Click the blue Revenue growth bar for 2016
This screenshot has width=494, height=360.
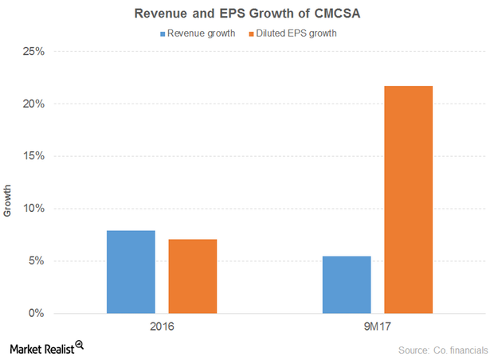[x=131, y=272]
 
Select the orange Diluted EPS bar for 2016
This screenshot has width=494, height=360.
[x=192, y=276]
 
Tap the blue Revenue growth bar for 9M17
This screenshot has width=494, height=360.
[x=347, y=284]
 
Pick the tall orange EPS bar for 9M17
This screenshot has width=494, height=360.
[x=408, y=199]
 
